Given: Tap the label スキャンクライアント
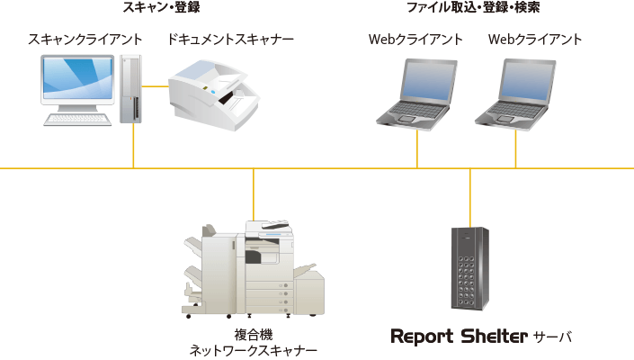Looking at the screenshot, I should [x=85, y=40].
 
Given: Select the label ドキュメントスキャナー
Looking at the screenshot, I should [x=231, y=40].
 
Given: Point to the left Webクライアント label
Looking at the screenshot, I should [x=415, y=40].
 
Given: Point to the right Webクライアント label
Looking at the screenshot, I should [x=535, y=40].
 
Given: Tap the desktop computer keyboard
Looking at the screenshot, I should [x=80, y=118].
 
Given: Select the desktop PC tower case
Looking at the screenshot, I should [x=131, y=88].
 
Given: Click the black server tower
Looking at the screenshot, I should [x=469, y=266].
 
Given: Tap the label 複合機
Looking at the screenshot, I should [x=253, y=335].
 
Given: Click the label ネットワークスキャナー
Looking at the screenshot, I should [x=253, y=351].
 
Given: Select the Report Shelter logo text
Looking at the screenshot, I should [x=459, y=337].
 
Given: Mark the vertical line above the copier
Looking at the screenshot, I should [x=254, y=193].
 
